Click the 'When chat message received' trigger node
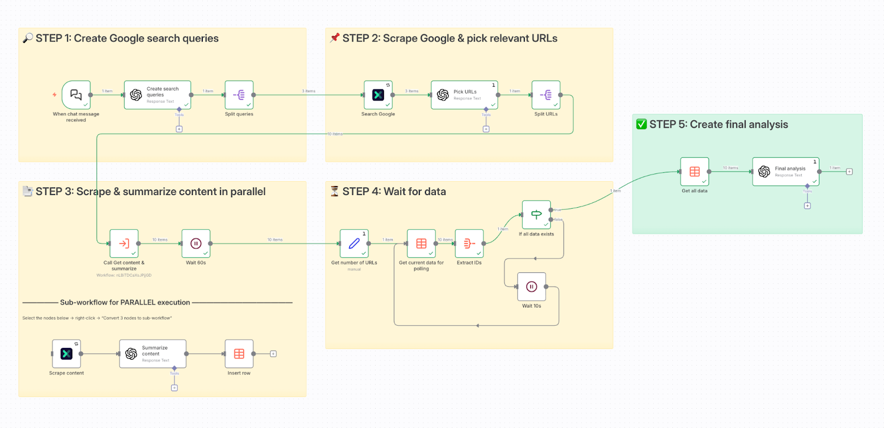76,95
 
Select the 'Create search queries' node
157,95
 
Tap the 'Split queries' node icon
239,95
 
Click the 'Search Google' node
378,95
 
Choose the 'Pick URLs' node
465,95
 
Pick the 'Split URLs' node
546,95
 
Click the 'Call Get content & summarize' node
124,244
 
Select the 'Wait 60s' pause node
196,244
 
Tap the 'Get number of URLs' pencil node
354,244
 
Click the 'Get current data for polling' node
422,244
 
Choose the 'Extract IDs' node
469,244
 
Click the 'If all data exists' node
536,215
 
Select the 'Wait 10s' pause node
532,287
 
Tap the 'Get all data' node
694,172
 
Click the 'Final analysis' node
786,172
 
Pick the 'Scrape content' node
66,354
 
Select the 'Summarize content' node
153,354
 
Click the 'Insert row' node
239,354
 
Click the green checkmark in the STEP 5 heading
641,124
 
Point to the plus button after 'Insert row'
273,354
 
